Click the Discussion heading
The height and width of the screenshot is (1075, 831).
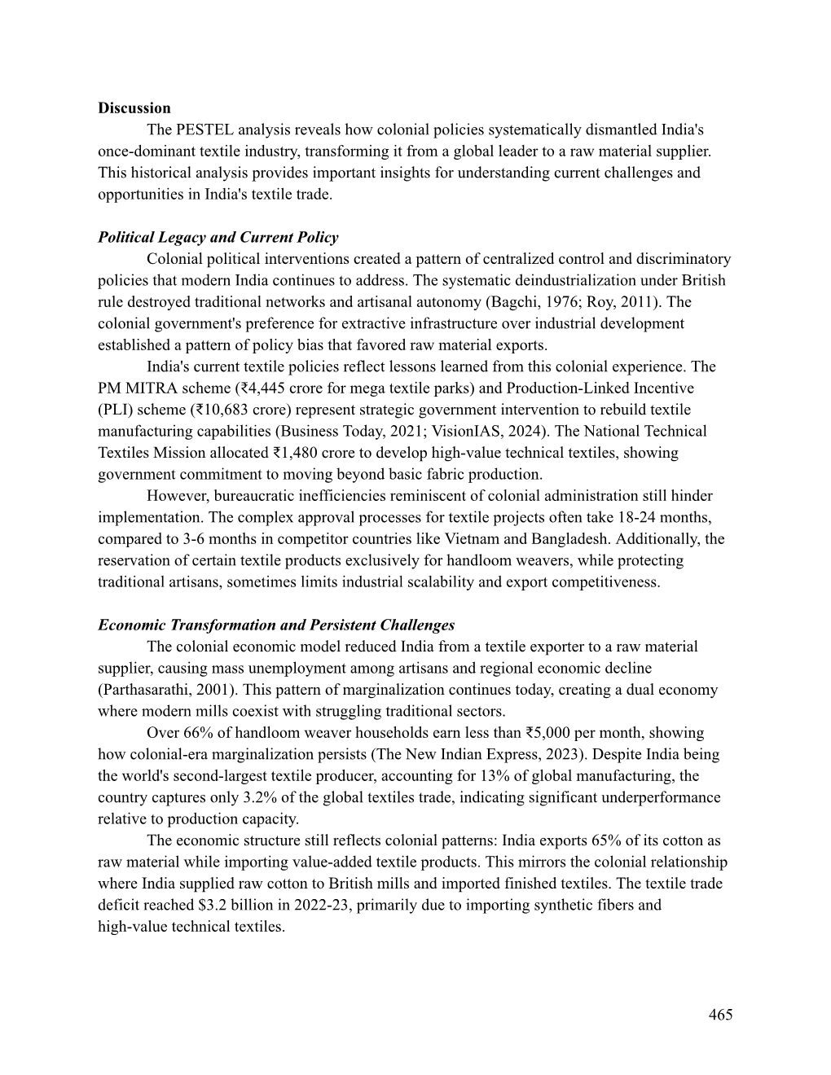[x=134, y=108]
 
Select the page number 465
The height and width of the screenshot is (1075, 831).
[x=720, y=1014]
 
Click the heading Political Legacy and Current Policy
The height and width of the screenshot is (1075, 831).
[x=218, y=238]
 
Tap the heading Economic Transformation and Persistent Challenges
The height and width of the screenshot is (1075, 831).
[x=276, y=625]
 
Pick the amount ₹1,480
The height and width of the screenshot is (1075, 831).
[x=293, y=453]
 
